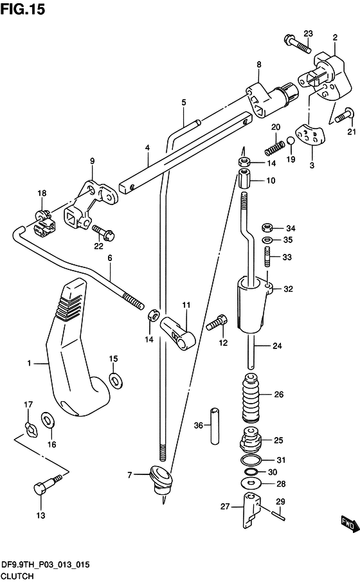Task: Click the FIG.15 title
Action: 22,9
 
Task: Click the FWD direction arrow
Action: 350,524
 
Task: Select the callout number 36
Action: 199,425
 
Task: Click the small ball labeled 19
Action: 291,141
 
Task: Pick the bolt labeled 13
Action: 48,484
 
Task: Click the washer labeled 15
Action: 116,381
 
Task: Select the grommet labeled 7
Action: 161,480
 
